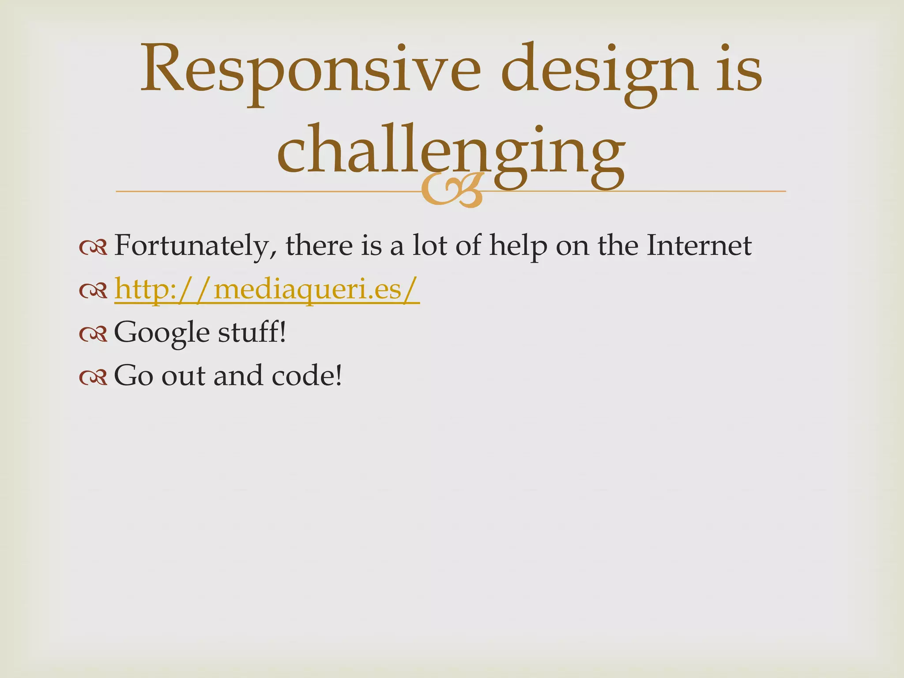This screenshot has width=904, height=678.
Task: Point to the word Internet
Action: [x=699, y=245]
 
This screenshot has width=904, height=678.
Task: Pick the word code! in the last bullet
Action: [x=307, y=376]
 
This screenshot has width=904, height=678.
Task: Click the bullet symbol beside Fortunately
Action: [x=93, y=247]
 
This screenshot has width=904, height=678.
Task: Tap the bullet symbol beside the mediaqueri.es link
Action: [x=93, y=290]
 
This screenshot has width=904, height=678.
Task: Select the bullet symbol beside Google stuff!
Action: [x=93, y=334]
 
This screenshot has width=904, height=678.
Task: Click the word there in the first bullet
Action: [x=319, y=245]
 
